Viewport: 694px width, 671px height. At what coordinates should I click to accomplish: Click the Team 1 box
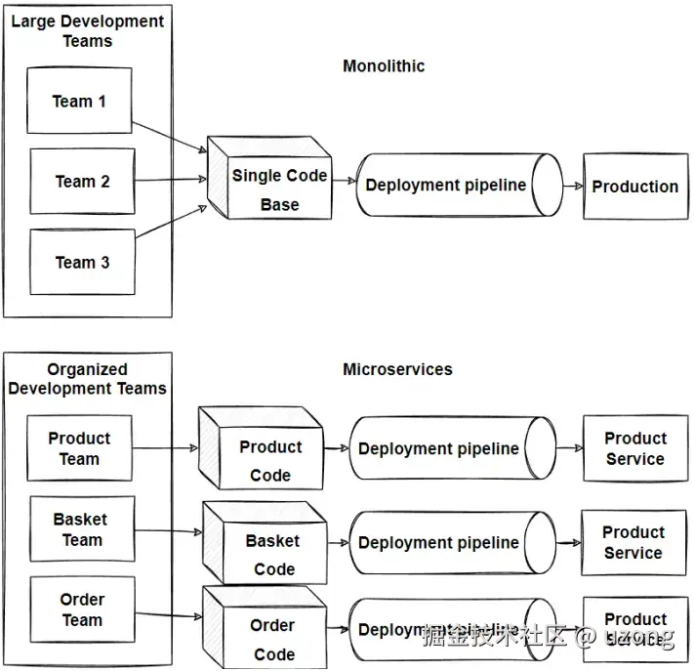79,101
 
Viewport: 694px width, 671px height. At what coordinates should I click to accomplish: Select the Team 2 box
82,181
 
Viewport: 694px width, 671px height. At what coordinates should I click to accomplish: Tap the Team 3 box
82,262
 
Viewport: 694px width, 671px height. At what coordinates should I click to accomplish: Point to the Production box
635,186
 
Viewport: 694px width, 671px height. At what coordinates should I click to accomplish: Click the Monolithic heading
384,66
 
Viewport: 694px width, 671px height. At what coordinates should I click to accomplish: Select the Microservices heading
397,369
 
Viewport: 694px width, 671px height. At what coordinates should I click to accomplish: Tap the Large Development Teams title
87,30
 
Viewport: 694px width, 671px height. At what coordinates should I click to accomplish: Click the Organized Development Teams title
87,379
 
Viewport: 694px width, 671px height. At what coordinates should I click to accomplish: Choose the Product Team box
79,448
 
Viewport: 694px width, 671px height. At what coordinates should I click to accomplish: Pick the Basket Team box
80,529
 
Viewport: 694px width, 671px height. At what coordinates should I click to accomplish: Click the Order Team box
81,609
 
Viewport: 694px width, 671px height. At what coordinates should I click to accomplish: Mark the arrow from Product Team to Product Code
165,449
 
